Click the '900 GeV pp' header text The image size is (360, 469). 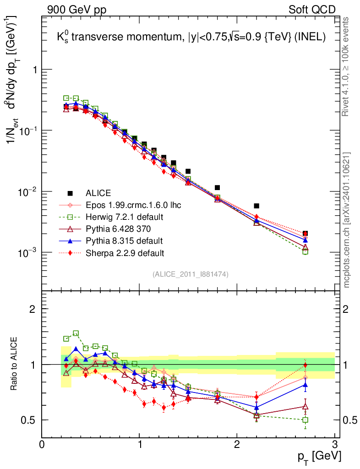tap(73, 9)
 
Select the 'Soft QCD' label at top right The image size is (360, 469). tap(312, 9)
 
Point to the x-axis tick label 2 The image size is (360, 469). tap(237, 444)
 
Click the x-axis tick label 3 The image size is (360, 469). tap(334, 444)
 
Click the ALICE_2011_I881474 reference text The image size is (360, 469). tap(191, 274)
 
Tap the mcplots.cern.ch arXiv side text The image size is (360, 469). tap(347, 220)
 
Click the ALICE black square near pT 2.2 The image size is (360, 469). tap(256, 206)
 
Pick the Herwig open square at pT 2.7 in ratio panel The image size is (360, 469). tap(305, 420)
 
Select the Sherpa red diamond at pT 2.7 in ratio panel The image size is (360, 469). tap(305, 365)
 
